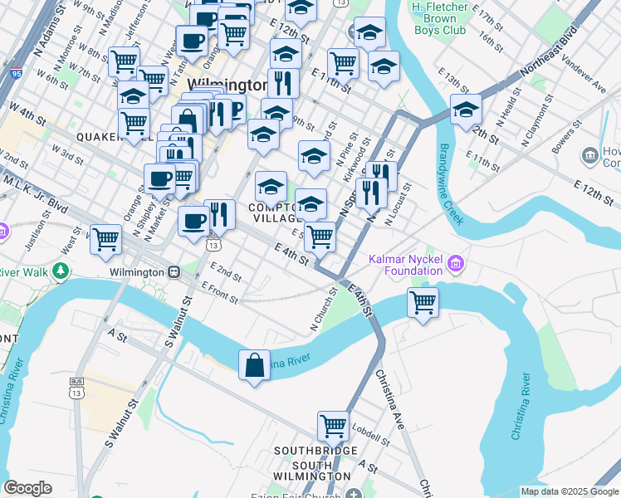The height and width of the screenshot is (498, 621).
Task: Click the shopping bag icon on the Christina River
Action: pos(254,364)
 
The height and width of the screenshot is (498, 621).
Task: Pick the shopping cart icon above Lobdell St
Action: pos(333,426)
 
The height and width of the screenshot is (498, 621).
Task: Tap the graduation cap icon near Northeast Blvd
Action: pos(466,110)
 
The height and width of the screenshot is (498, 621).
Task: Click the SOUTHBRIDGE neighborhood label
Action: pos(312,452)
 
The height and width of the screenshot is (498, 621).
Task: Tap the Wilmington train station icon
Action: pos(174,271)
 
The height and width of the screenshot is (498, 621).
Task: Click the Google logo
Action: pos(27,487)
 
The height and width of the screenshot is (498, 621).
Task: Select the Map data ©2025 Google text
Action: pos(570,491)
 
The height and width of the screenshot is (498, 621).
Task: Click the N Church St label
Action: pos(326,309)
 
